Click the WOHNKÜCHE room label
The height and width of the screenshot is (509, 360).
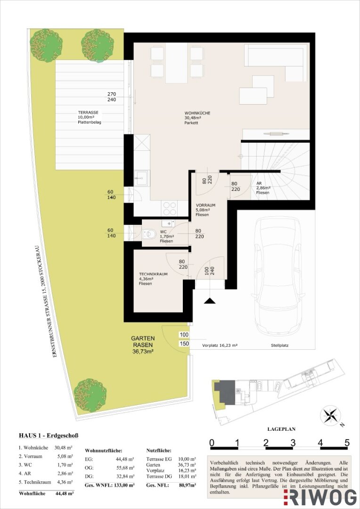[197, 113]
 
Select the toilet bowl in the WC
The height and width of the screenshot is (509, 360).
[149, 234]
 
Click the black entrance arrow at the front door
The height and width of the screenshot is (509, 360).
[210, 301]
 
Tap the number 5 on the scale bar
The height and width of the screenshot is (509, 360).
[347, 442]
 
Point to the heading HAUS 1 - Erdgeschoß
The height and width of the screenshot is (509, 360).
[49, 435]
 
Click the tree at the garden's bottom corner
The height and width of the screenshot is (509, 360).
[90, 395]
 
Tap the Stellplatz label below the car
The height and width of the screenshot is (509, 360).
[279, 346]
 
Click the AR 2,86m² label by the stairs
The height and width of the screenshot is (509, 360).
[263, 188]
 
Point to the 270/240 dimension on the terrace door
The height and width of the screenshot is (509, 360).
[111, 97]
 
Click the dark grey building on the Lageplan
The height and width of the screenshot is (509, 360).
[225, 392]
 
